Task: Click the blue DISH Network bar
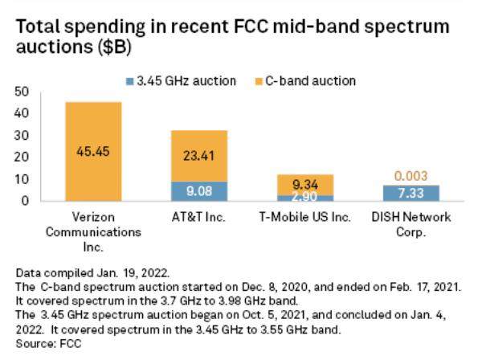point(411,193)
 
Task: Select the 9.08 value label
point(199,191)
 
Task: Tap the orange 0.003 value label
point(411,175)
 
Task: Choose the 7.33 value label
point(411,194)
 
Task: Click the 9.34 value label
point(305,183)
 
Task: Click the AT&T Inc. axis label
point(199,217)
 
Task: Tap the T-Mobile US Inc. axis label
point(305,217)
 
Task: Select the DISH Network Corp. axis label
point(411,223)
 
